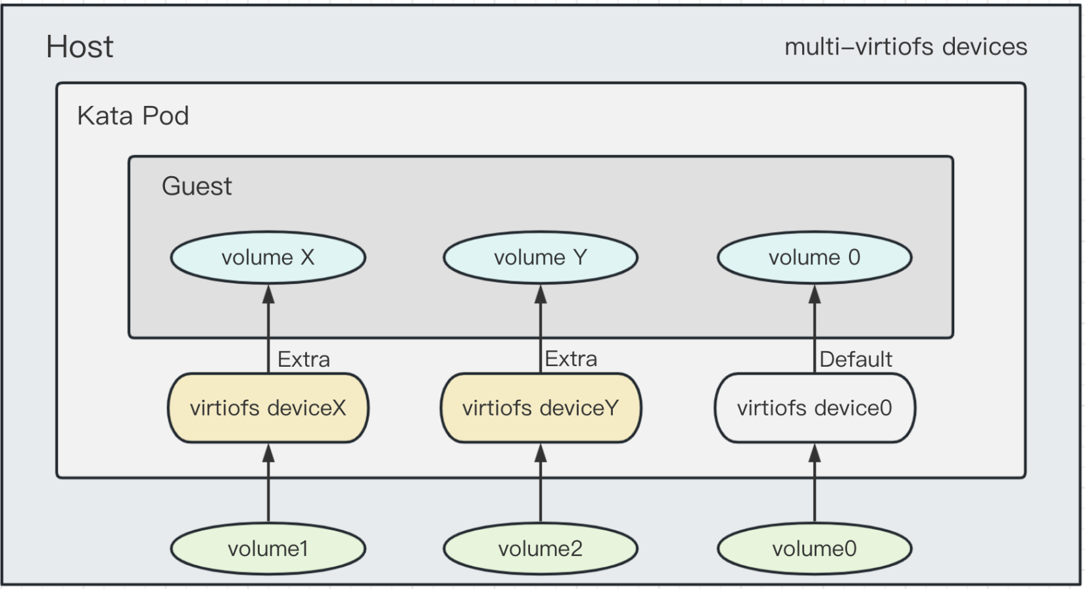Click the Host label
[x=80, y=47]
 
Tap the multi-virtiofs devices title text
[x=905, y=47]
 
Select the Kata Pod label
[x=133, y=116]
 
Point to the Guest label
[x=197, y=187]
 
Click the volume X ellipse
[x=268, y=258]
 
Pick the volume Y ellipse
[x=541, y=258]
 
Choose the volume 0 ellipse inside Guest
[x=814, y=258]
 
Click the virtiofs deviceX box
[x=268, y=408]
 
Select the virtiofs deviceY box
[x=541, y=408]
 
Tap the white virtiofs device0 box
[x=814, y=408]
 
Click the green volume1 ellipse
[x=268, y=549]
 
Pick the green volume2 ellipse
[x=541, y=549]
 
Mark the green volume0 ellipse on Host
[x=814, y=549]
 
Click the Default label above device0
[x=856, y=360]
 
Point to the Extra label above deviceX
[x=303, y=360]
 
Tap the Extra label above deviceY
[x=571, y=359]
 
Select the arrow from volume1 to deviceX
[x=268, y=486]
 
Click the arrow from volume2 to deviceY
[x=541, y=486]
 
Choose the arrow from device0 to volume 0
[x=814, y=329]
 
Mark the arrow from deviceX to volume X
[x=268, y=329]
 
